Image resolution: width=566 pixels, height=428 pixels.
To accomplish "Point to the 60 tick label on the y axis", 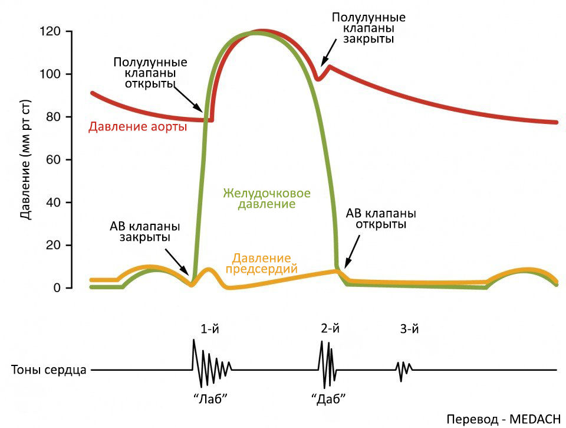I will coord(52,160).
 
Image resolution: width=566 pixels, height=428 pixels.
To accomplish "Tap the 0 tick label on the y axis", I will coord(56,288).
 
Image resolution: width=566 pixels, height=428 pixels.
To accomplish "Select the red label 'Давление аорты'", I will coord(137,127).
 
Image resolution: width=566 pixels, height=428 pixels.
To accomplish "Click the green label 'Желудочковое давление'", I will coord(266,199).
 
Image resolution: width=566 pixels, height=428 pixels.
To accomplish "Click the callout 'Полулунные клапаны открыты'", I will coord(150,73).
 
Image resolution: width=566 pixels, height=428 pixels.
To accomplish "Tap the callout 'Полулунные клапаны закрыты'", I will coord(363,28).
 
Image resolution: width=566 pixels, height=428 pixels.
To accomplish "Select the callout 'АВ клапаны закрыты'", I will coord(145,232).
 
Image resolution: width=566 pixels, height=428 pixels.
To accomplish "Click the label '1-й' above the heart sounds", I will coord(210,329).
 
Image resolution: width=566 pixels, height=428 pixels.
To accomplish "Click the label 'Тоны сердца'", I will coord(49,371).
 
